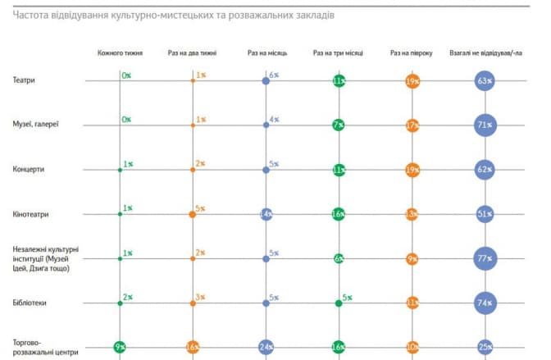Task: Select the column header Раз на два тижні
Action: click(192, 53)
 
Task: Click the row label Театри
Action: click(24, 81)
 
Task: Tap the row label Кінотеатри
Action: click(32, 214)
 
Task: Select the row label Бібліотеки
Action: click(30, 303)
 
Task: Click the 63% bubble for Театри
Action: click(484, 81)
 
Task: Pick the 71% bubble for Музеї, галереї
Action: click(484, 125)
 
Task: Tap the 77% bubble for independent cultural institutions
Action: click(484, 259)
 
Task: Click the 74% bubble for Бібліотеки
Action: click(484, 303)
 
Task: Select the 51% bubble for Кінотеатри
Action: click(484, 214)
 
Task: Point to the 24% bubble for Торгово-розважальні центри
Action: click(266, 348)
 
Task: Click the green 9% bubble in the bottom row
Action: click(120, 348)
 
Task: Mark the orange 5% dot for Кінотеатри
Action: click(193, 214)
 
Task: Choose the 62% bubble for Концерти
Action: click(484, 170)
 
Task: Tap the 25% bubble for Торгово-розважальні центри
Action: click(484, 348)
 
